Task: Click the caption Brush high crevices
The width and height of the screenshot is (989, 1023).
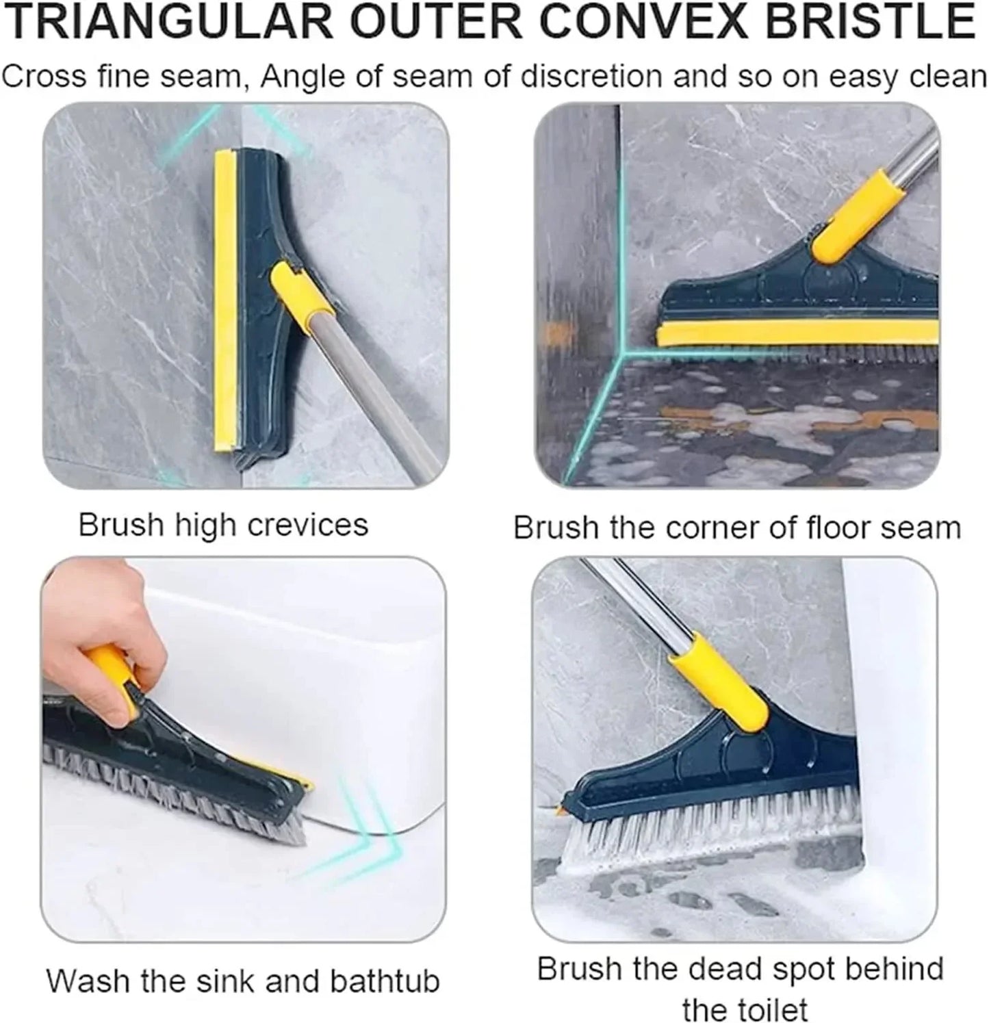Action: coord(223,526)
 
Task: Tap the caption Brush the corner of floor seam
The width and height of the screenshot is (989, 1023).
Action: coord(737,528)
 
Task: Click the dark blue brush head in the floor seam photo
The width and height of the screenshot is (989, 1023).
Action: coord(753,294)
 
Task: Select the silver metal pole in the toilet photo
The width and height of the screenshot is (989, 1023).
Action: coord(630,602)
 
